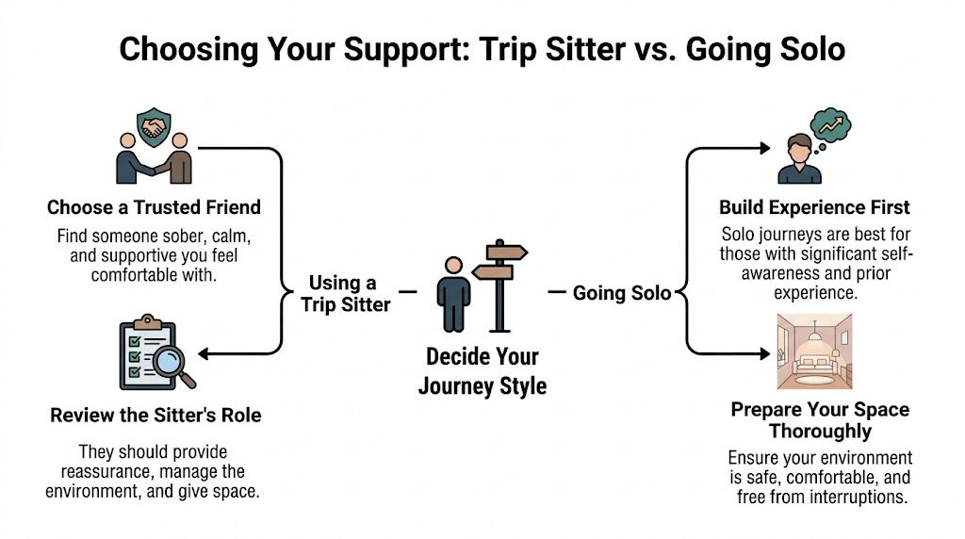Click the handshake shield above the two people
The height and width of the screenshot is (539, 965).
click(155, 126)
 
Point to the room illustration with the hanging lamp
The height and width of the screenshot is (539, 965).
click(813, 351)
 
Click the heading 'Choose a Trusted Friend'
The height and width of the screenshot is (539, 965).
click(155, 207)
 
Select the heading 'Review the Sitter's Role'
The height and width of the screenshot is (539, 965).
click(155, 415)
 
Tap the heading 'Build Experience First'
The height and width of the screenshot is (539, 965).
click(814, 207)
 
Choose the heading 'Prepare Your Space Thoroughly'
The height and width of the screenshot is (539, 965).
click(820, 420)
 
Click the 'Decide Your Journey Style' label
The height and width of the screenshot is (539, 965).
click(482, 371)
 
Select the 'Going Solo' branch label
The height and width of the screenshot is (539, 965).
click(622, 293)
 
